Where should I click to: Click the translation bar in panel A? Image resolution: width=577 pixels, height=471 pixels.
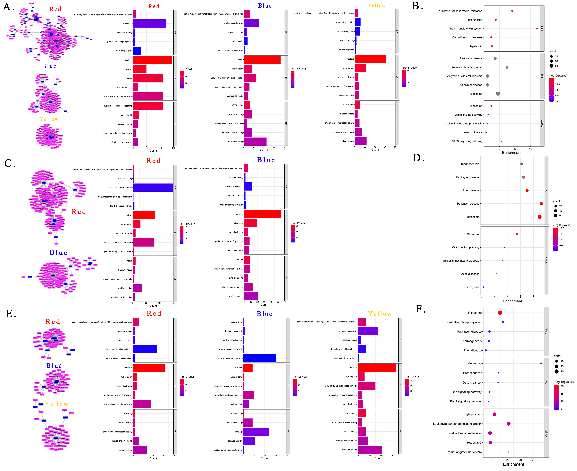click(x=149, y=24)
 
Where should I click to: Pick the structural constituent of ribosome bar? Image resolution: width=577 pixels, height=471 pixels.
click(x=148, y=106)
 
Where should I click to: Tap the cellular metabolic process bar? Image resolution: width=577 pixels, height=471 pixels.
click(x=153, y=188)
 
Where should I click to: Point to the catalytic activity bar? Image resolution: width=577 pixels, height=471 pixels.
click(x=249, y=441)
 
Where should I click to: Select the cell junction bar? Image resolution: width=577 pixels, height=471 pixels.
click(x=246, y=404)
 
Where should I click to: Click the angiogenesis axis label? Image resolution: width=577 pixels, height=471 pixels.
click(x=237, y=41)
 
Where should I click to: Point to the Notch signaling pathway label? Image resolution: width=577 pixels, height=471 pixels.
click(x=121, y=206)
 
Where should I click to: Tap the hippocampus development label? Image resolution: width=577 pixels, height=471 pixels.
click(x=229, y=349)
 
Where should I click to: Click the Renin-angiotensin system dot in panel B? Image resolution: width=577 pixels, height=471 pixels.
click(x=537, y=29)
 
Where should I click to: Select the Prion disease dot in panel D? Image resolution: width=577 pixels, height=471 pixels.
click(x=527, y=190)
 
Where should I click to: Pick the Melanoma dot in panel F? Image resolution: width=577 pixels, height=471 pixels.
click(x=541, y=364)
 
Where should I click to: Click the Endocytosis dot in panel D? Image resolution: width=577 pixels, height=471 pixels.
click(x=484, y=287)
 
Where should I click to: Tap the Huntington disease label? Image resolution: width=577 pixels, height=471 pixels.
click(x=467, y=177)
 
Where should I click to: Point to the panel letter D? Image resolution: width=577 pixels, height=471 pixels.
click(x=418, y=158)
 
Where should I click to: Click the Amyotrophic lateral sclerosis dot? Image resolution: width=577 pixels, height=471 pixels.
click(x=488, y=76)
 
